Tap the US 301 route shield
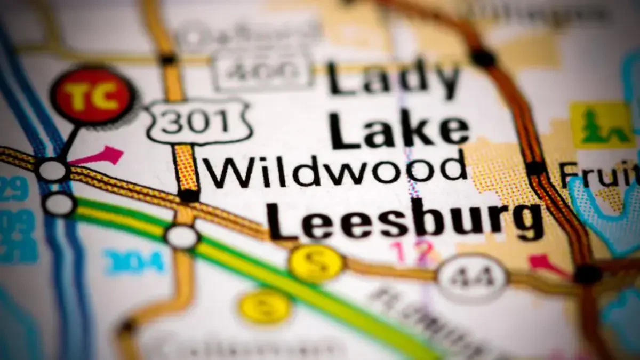(x=198, y=122)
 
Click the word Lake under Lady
(x=399, y=131)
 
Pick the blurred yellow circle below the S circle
(x=265, y=307)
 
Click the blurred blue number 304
(x=133, y=262)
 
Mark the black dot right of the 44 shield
(x=588, y=274)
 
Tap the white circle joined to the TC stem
(x=52, y=171)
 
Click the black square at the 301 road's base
(x=188, y=196)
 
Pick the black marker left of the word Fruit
(x=535, y=168)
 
